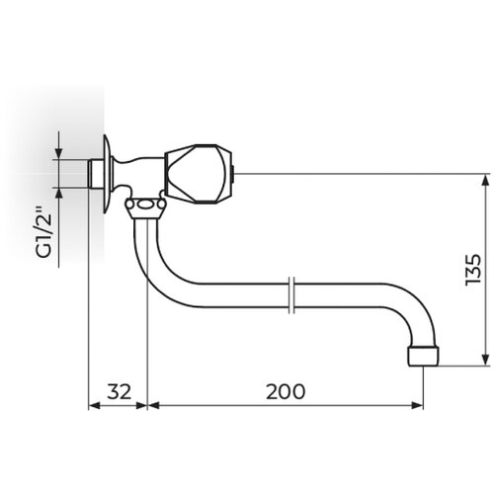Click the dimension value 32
120,391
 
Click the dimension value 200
286,391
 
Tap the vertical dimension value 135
473,270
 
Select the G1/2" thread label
43,232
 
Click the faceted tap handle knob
198,173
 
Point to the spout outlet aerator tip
423,356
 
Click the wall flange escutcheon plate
107,174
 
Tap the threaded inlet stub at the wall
96,173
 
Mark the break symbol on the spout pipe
291,294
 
